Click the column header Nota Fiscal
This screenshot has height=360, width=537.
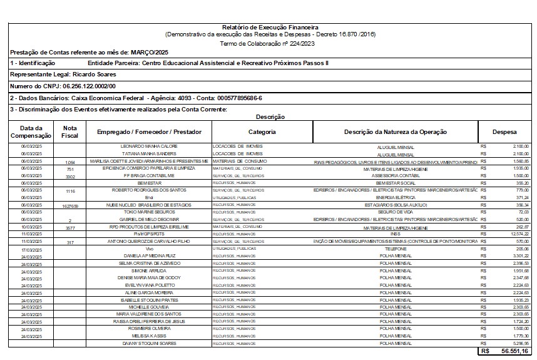point(70,131)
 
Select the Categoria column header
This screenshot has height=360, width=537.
point(262,131)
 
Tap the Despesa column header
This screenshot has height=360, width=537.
point(504,131)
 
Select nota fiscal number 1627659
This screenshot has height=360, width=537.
point(70,205)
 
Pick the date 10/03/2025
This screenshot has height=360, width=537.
point(31,227)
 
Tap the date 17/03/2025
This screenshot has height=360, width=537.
point(31,249)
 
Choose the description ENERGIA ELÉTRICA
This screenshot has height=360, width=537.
point(396,198)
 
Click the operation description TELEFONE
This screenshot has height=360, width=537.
point(396,249)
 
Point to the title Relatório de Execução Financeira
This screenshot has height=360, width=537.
point(270,28)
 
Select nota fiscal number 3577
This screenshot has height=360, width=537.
point(70,227)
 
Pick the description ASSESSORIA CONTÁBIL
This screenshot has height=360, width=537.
point(396,176)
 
